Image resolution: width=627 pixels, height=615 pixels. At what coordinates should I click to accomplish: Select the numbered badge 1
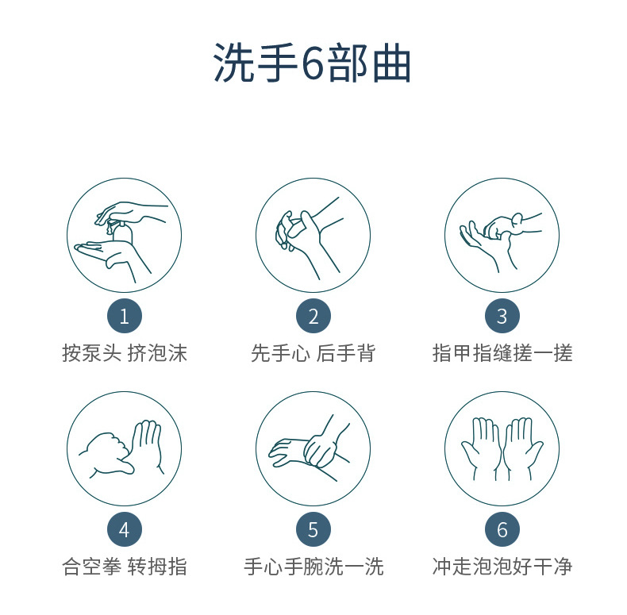(124, 317)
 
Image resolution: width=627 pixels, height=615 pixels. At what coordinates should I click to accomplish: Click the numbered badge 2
(313, 317)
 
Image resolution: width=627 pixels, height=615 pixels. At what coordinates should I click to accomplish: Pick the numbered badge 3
(502, 317)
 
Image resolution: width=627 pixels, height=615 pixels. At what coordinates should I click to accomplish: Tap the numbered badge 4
(124, 529)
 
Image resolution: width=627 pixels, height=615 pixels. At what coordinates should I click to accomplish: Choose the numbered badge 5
(313, 529)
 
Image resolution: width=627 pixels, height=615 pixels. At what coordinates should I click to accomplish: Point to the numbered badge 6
(502, 529)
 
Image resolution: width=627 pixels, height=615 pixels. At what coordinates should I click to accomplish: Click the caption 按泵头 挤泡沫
(125, 353)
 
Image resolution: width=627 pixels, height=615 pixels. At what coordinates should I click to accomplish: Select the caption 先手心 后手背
(313, 353)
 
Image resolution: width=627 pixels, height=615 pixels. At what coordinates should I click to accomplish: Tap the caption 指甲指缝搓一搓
(502, 353)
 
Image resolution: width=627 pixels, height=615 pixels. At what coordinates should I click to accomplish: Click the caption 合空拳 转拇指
(125, 566)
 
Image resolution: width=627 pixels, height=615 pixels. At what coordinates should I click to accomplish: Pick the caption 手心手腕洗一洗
(313, 566)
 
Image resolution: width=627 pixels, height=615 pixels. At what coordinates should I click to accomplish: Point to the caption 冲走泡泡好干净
(502, 566)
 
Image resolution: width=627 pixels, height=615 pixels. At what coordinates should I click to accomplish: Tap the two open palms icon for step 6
(502, 448)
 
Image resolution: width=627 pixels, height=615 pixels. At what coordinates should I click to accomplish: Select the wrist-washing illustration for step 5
(313, 448)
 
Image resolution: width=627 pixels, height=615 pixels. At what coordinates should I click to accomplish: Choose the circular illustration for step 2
(313, 236)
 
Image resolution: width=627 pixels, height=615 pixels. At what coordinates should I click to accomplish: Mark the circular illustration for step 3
(502, 236)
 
